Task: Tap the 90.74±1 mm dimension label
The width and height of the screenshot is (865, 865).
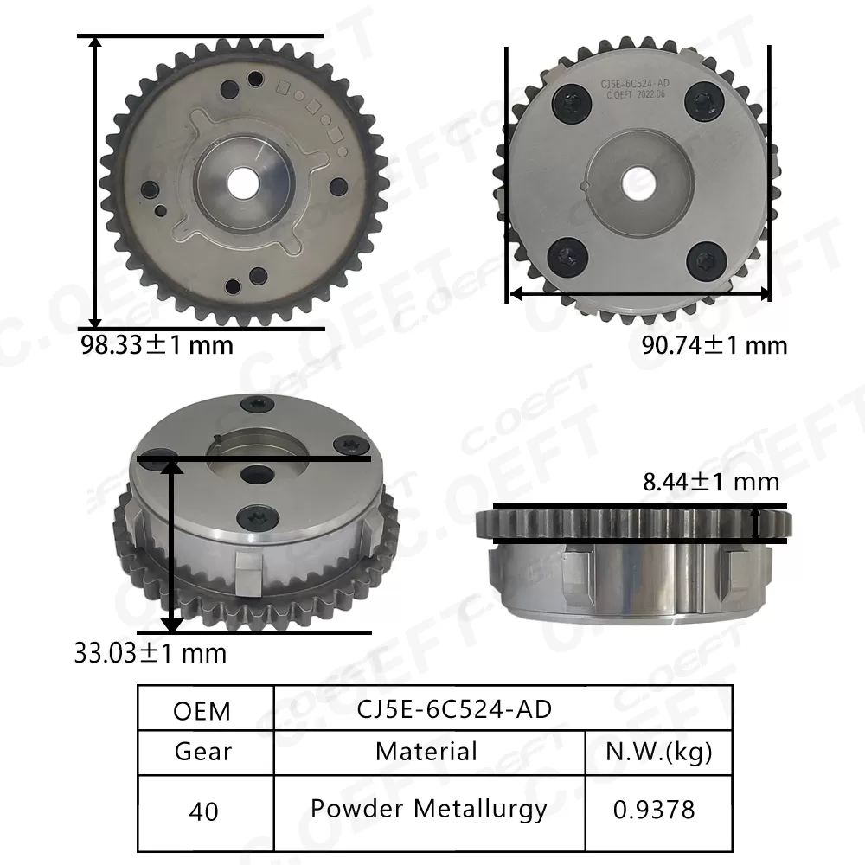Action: point(714,345)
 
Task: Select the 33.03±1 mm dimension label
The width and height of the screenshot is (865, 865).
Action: point(151,652)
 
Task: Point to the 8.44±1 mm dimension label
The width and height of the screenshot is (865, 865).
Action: point(711,482)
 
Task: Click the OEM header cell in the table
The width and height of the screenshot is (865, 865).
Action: point(202,710)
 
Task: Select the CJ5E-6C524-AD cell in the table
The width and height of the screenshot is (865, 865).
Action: point(454,708)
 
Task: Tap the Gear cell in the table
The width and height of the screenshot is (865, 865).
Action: point(202,751)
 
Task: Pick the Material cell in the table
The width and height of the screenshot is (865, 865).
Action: point(426,751)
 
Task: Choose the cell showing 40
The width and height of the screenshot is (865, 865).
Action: point(202,811)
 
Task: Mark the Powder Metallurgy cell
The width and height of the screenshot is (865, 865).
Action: point(428,809)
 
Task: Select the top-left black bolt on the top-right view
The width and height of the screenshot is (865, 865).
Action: point(571,102)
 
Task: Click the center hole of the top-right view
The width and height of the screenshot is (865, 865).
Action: point(639,179)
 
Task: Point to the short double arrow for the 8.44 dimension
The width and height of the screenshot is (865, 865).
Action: point(757,523)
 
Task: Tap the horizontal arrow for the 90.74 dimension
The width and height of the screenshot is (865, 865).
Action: point(639,293)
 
